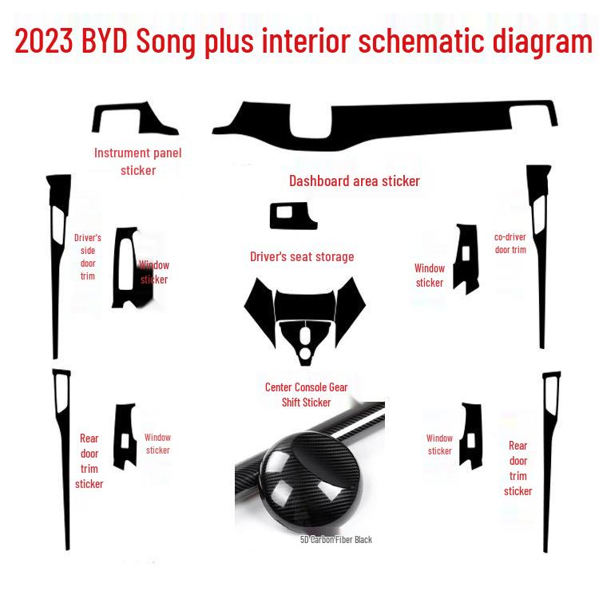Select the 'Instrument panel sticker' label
click(x=138, y=161)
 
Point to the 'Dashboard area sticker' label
click(x=354, y=181)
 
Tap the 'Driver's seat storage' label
click(x=301, y=256)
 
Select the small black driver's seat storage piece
click(x=292, y=215)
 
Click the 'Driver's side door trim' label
click(x=88, y=256)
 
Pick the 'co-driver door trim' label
click(x=510, y=243)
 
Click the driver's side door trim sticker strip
click(x=57, y=264)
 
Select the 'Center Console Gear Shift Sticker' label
click(x=306, y=395)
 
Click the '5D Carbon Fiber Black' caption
click(x=335, y=540)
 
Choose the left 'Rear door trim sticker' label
click(x=89, y=461)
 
